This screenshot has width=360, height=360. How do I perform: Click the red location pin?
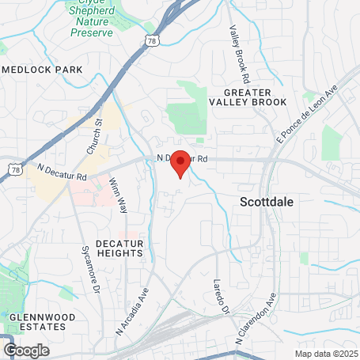(180, 161)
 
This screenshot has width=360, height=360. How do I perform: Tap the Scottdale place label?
(266, 202)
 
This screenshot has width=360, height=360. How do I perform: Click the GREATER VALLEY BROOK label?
(248, 97)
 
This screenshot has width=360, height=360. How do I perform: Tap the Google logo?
(26, 350)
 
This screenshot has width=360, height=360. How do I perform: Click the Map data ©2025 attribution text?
(326, 354)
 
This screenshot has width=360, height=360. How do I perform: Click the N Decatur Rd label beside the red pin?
(183, 158)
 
